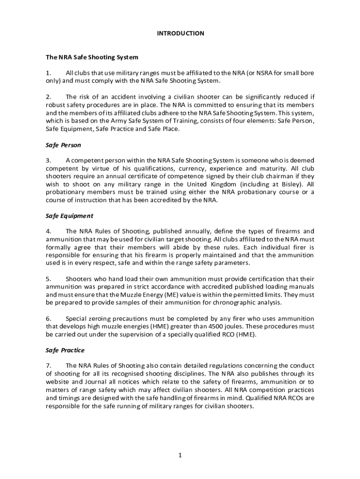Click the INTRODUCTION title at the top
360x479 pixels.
tap(180, 33)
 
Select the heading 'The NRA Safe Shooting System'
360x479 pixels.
tap(92, 57)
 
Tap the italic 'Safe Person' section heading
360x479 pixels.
tap(63, 145)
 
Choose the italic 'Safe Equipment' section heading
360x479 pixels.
tap(69, 216)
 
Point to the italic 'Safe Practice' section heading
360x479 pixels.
tap(65, 350)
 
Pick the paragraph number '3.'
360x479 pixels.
tap(48, 160)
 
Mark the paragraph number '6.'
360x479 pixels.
tap(48, 319)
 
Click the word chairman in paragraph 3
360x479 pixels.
tap(262, 176)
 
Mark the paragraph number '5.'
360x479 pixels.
tap(48, 279)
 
